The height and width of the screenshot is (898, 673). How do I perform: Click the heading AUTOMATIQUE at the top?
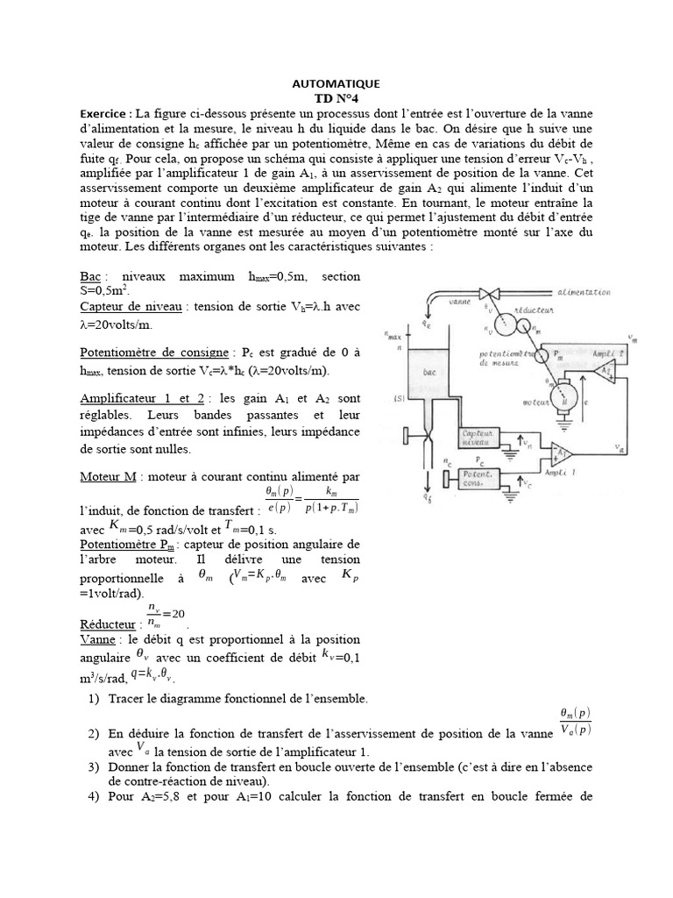tap(336, 84)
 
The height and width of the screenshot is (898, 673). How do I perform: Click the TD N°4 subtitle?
tap(336, 98)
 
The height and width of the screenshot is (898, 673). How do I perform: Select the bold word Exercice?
tap(105, 113)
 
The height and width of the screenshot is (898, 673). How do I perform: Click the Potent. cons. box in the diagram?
tap(468, 479)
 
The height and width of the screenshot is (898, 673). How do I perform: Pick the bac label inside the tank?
tap(429, 372)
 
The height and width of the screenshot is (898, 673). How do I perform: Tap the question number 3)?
tap(94, 767)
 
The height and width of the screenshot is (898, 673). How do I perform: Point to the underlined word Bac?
tap(91, 276)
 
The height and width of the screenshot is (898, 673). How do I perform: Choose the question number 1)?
tap(94, 699)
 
